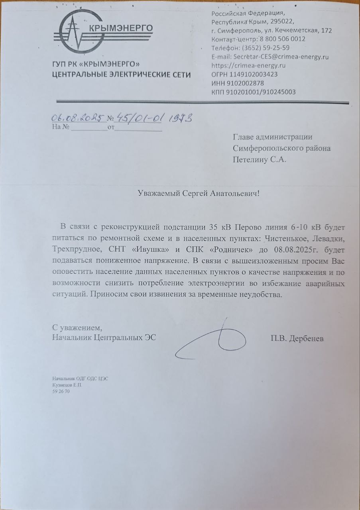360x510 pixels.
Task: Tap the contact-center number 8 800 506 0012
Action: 282,39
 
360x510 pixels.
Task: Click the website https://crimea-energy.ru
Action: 248,66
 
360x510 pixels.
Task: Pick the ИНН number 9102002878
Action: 248,83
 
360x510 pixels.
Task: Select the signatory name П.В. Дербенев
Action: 297,339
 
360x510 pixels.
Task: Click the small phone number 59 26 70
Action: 61,392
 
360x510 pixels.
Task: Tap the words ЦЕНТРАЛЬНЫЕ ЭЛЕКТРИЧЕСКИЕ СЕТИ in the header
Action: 122,75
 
